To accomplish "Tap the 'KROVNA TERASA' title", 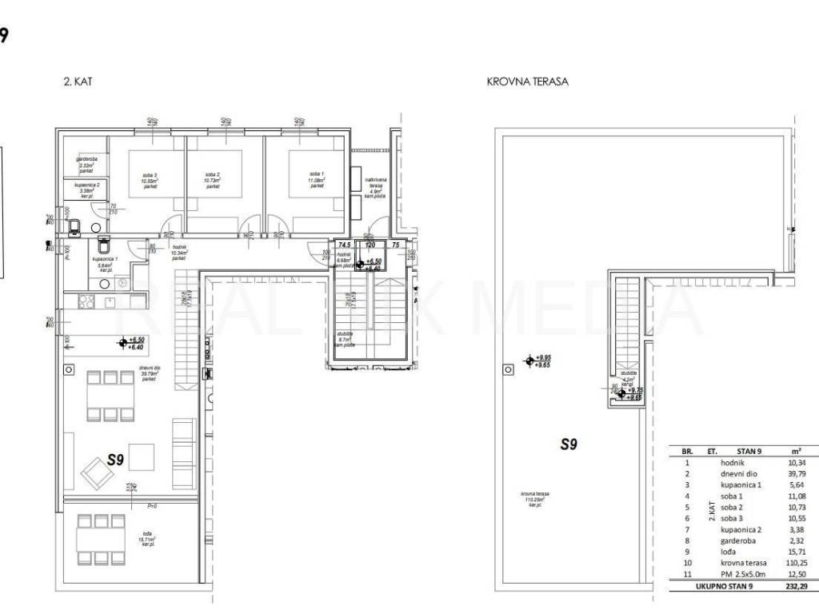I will pos(527,82).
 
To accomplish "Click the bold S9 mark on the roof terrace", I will pos(568,445).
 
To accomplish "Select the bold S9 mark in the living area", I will pos(117,460).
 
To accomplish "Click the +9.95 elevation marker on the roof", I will pos(544,358).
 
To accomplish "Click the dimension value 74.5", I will pos(344,245).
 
